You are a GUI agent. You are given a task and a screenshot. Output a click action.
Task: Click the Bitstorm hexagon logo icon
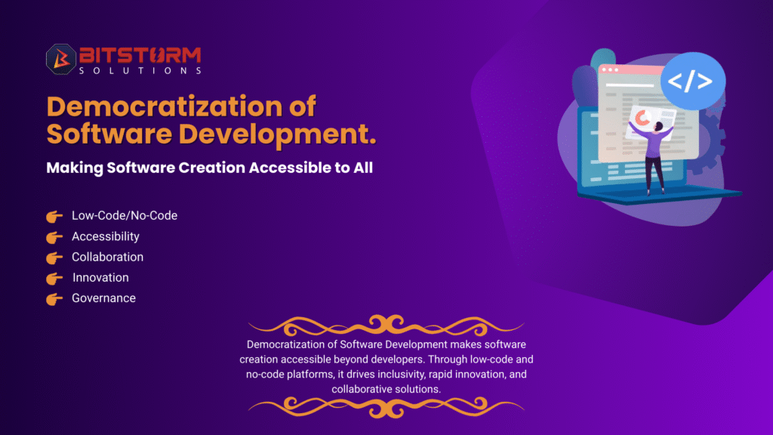pyautogui.click(x=61, y=59)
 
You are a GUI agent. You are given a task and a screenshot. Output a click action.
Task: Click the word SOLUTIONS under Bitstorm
pyautogui.click(x=140, y=70)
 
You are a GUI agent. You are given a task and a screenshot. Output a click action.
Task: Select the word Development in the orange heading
pyautogui.click(x=277, y=134)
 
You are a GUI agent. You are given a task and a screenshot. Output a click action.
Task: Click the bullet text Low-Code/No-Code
pyautogui.click(x=125, y=215)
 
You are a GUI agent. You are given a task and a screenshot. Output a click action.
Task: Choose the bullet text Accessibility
pyautogui.click(x=106, y=236)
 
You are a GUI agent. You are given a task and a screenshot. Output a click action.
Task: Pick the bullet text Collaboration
pyautogui.click(x=107, y=257)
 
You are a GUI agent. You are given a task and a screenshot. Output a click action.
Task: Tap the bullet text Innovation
pyautogui.click(x=100, y=278)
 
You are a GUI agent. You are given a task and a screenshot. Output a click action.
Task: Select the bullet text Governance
pyautogui.click(x=103, y=298)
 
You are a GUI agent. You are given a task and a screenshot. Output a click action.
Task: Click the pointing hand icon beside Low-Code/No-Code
pyautogui.click(x=54, y=216)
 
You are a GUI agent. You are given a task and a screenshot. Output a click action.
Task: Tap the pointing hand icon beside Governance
pyautogui.click(x=54, y=299)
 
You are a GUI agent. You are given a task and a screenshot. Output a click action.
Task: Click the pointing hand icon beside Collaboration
pyautogui.click(x=54, y=258)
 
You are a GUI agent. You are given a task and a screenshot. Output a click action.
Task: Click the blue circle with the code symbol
pyautogui.click(x=693, y=81)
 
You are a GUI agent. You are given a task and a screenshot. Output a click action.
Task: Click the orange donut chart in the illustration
pyautogui.click(x=642, y=119)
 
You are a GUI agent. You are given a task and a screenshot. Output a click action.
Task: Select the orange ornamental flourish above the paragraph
pyautogui.click(x=386, y=325)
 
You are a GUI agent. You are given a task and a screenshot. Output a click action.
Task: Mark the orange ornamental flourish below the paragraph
pyautogui.click(x=386, y=407)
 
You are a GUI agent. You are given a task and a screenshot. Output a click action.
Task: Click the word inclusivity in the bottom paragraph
pyautogui.click(x=399, y=375)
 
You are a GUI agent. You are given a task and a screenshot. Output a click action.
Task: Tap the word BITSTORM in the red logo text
pyautogui.click(x=140, y=55)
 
